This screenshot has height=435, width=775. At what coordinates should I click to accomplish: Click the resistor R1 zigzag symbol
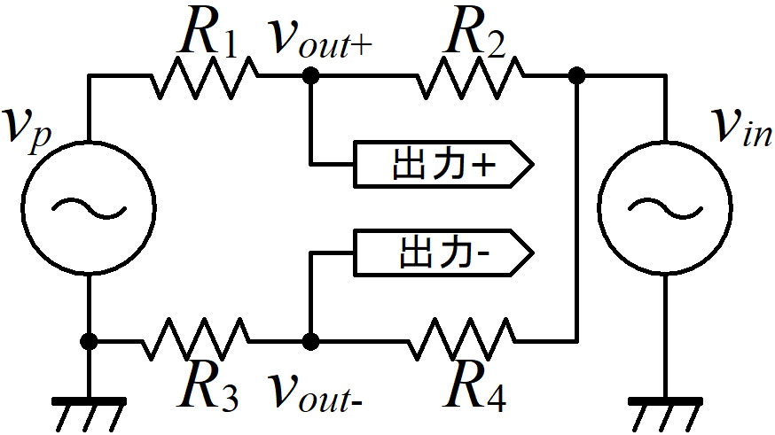pyautogui.click(x=204, y=76)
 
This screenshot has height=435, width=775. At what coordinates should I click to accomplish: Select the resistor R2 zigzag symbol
pyautogui.click(x=470, y=76)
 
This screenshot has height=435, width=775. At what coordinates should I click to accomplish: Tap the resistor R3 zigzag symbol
pyautogui.click(x=196, y=340)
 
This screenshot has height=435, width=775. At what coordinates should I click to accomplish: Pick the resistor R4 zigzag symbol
pyautogui.click(x=462, y=340)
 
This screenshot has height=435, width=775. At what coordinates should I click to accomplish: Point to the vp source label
pyautogui.click(x=27, y=129)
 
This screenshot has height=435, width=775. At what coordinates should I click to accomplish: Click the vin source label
pyautogui.click(x=741, y=128)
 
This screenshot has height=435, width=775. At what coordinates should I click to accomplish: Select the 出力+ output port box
pyautogui.click(x=443, y=164)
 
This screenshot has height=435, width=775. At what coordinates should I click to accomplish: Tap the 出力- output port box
pyautogui.click(x=443, y=252)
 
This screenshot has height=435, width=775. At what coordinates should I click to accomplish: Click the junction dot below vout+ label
pyautogui.click(x=310, y=76)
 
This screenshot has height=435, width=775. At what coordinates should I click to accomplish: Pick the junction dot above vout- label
pyautogui.click(x=310, y=341)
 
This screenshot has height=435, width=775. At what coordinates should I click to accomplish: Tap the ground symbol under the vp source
pyautogui.click(x=89, y=413)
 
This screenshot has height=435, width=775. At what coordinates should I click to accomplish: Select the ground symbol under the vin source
pyautogui.click(x=665, y=413)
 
